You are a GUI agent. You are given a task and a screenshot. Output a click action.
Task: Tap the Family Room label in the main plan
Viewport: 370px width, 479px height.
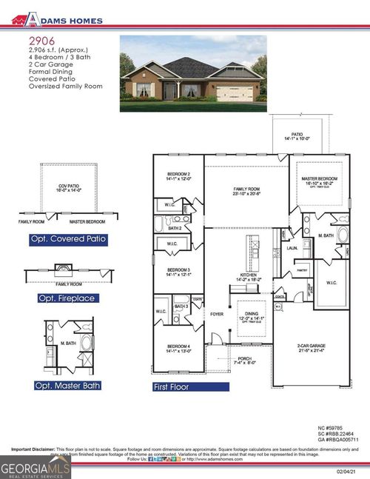(245, 191)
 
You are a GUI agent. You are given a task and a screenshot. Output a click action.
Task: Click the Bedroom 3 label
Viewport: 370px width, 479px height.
(178, 271)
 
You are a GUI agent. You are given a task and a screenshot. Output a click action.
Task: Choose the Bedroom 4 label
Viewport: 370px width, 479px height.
(178, 349)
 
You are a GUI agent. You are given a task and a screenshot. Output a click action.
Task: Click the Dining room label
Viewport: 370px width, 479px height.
(249, 316)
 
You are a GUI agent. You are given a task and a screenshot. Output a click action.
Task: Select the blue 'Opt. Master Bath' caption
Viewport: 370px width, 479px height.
(67, 386)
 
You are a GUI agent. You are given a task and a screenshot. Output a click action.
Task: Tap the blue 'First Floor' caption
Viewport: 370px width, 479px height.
(171, 387)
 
